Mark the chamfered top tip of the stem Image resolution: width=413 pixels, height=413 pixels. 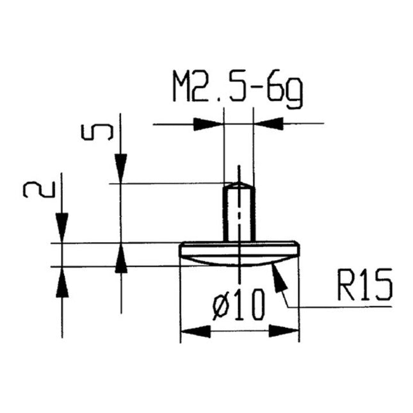pos(239,185)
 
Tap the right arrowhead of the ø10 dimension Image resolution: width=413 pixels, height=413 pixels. pos(284,331)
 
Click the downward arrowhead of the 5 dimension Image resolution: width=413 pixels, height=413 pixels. pos(121,169)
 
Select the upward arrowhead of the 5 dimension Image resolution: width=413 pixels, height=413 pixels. pos(121,259)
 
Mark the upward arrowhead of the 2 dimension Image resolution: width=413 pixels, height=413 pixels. pos(62,280)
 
